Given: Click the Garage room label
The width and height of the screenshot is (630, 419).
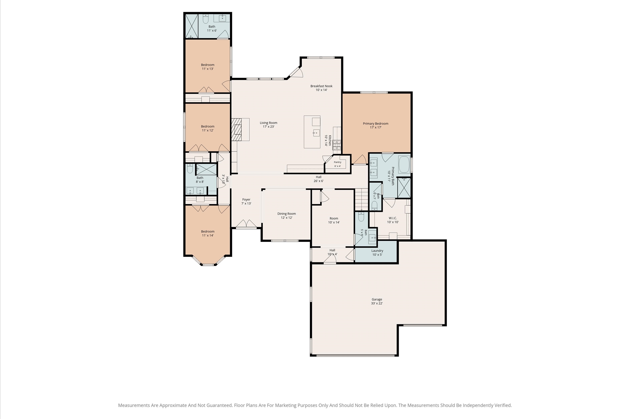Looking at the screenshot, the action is click(x=377, y=301).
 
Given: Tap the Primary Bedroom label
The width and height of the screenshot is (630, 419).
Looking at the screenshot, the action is click(x=376, y=125).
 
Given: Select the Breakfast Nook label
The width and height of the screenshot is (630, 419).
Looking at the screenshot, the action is click(x=321, y=88).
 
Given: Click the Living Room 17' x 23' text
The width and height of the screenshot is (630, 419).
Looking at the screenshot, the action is click(x=269, y=125).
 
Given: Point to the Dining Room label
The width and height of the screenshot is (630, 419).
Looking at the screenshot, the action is click(x=287, y=215).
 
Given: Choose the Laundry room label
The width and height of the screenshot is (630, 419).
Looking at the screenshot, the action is click(x=377, y=253).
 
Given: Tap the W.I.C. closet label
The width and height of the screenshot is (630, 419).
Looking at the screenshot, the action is click(x=393, y=220).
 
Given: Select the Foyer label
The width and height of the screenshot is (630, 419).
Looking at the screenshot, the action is click(x=246, y=202).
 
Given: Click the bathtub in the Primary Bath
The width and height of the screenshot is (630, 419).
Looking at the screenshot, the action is click(x=404, y=165).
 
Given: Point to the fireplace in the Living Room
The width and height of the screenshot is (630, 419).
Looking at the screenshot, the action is click(x=237, y=130).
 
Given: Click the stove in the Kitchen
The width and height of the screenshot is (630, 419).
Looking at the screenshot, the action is click(x=337, y=145).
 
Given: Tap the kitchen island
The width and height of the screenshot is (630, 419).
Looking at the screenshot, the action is click(x=312, y=132).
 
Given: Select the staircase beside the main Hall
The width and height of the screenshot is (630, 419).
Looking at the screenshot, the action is click(x=362, y=200).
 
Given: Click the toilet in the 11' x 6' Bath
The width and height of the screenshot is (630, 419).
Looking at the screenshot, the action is click(x=206, y=19).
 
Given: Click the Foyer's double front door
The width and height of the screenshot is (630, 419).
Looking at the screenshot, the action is click(x=246, y=224).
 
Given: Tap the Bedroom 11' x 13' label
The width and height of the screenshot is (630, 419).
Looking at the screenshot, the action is click(x=208, y=67).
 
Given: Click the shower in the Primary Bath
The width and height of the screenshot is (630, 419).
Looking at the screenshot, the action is click(x=404, y=188).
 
